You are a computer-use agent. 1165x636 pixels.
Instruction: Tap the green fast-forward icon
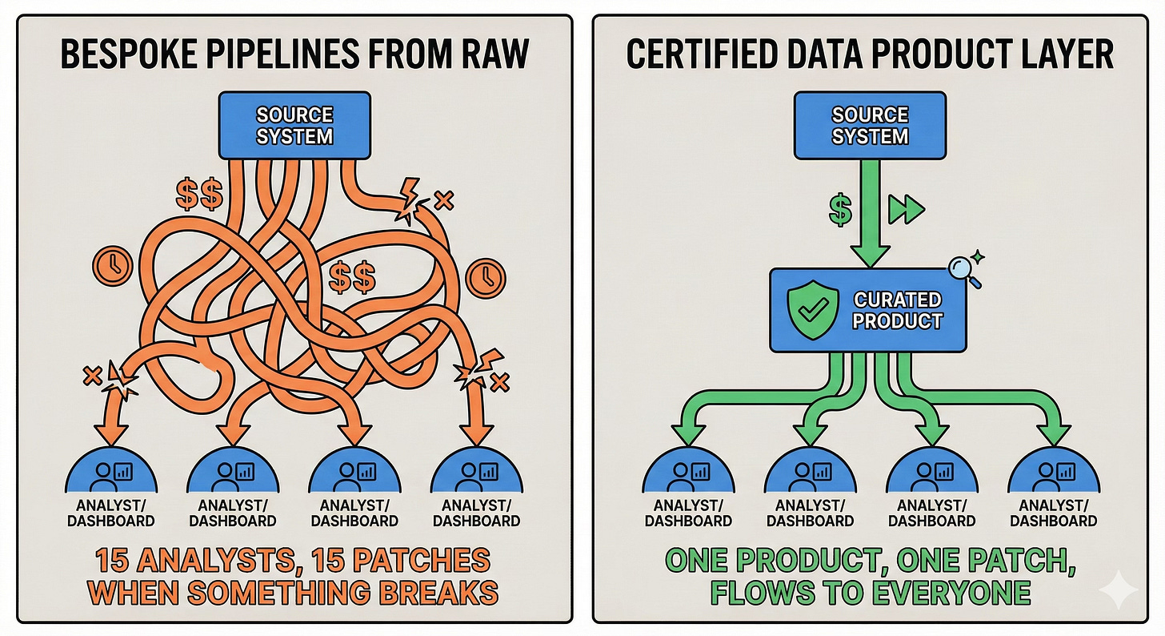(907, 211)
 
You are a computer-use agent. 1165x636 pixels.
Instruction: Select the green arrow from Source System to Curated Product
(870, 216)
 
